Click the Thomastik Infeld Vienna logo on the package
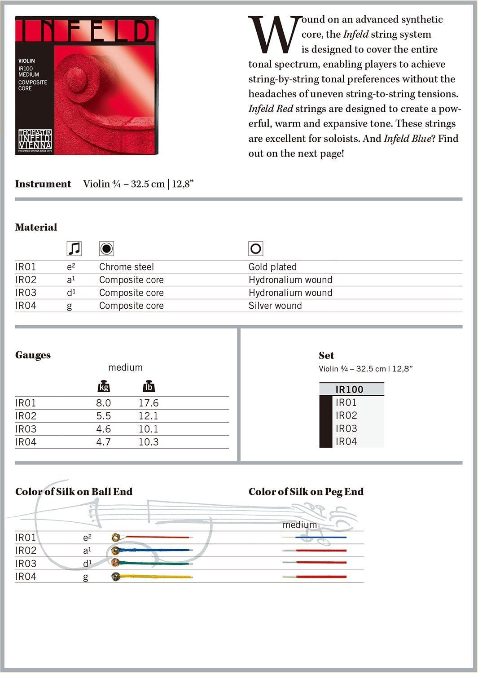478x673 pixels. click(35, 140)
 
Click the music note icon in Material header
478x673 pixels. click(74, 249)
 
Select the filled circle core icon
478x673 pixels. click(106, 249)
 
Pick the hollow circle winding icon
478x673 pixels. click(255, 249)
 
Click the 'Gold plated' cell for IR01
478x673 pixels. click(272, 267)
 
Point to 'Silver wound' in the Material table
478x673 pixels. click(275, 306)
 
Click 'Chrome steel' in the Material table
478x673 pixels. click(126, 267)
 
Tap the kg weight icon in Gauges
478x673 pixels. click(104, 386)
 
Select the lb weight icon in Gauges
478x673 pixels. click(148, 386)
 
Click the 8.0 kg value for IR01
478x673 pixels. click(103, 403)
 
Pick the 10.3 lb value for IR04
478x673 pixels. click(148, 442)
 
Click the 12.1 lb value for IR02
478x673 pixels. click(148, 416)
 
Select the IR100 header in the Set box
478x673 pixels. click(349, 389)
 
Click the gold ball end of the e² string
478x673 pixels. click(116, 537)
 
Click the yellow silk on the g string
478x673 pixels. click(157, 577)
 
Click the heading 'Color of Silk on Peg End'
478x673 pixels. click(306, 492)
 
